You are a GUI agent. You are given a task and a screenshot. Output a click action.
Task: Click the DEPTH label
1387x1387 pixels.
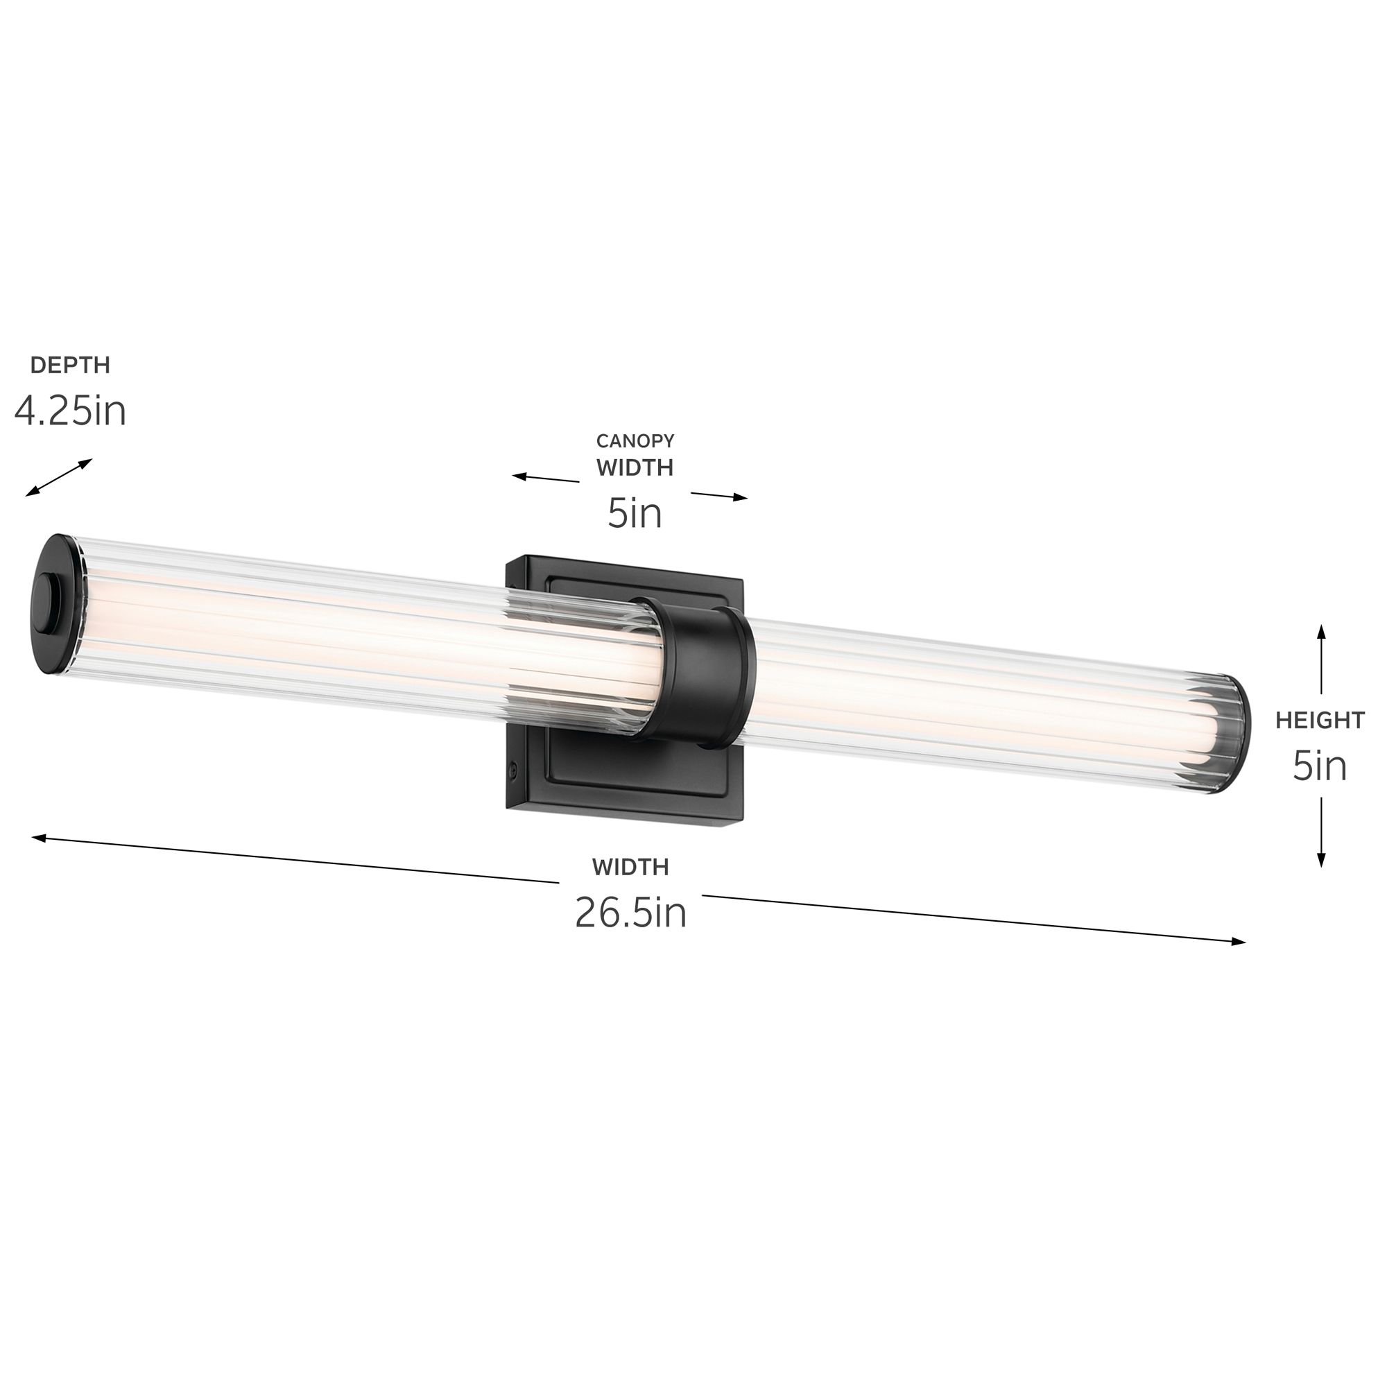tap(69, 365)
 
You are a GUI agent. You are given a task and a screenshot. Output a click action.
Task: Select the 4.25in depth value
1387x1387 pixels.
tap(69, 411)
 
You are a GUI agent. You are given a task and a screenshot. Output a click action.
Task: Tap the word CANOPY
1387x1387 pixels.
tap(635, 440)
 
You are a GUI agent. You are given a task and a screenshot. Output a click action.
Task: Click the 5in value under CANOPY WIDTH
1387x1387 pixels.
tap(634, 513)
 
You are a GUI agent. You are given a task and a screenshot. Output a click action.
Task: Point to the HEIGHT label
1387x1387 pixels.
tap(1320, 721)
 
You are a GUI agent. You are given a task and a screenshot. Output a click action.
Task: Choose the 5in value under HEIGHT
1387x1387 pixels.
tap(1320, 766)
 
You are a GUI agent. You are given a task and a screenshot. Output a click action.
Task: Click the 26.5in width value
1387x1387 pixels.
tap(630, 913)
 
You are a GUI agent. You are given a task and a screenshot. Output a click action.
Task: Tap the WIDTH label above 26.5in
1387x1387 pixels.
tap(630, 868)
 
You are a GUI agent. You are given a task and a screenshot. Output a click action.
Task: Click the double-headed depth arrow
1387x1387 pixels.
tap(59, 477)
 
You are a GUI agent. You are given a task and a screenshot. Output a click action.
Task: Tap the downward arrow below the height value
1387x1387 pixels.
tap(1321, 833)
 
